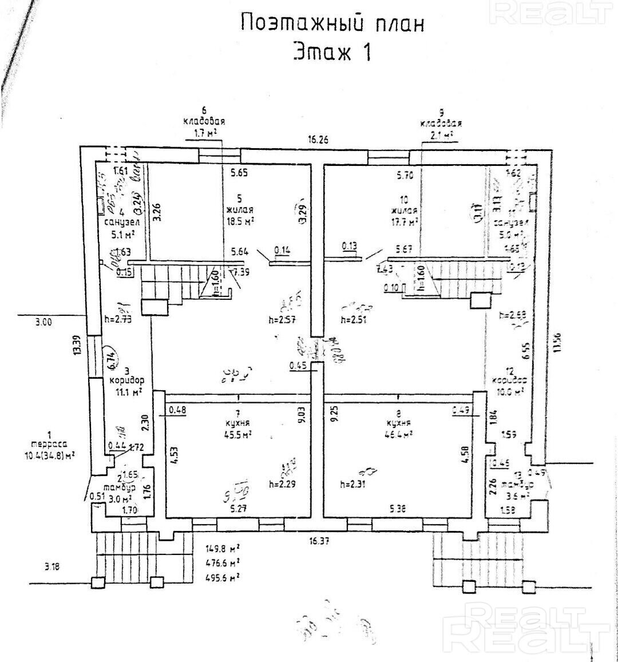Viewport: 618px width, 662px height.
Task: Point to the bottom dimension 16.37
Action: coord(321,540)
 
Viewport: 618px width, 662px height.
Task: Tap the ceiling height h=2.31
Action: coord(354,485)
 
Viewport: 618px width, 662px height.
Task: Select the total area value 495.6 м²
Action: coord(222,577)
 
